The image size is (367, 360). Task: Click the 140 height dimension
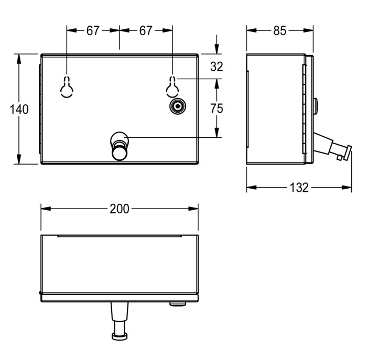click(x=19, y=109)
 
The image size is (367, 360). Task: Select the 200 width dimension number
click(x=120, y=209)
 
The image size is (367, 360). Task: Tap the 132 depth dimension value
click(x=299, y=188)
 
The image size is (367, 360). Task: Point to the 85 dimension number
click(x=279, y=30)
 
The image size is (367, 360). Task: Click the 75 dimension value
click(x=217, y=108)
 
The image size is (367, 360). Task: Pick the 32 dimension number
click(x=217, y=67)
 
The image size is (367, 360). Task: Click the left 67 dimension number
click(x=93, y=30)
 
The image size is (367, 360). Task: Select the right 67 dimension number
click(x=146, y=30)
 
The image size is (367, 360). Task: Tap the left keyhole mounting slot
click(x=67, y=86)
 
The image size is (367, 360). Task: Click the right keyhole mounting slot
click(x=172, y=86)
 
